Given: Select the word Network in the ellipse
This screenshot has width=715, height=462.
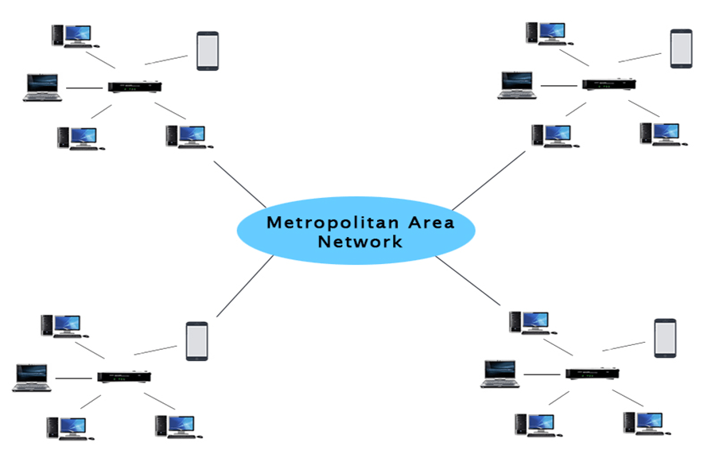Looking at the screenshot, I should (360, 240).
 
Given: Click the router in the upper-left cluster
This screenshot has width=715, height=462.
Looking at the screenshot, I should (136, 87).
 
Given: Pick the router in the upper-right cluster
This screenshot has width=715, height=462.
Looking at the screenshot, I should (609, 83).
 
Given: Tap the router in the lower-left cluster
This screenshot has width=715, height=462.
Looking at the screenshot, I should (124, 376).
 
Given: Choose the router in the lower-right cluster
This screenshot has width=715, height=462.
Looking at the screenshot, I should (593, 372).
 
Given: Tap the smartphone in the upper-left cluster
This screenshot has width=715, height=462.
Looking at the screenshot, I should (208, 51).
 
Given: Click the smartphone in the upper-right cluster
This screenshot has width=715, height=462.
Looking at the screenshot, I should (681, 48).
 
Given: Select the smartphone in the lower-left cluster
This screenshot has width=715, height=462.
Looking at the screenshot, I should (196, 340).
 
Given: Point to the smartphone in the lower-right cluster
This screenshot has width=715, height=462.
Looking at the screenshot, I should (665, 338).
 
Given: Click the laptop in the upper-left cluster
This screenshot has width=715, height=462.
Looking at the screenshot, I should (43, 87).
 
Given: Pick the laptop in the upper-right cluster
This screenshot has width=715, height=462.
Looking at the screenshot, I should (517, 84).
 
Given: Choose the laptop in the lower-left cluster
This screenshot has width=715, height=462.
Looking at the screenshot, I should (32, 378).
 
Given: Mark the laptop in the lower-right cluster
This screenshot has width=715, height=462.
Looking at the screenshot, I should (500, 374).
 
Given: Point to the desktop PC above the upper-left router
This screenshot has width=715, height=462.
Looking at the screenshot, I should (71, 36).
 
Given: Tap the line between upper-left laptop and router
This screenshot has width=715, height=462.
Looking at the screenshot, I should (86, 87).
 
